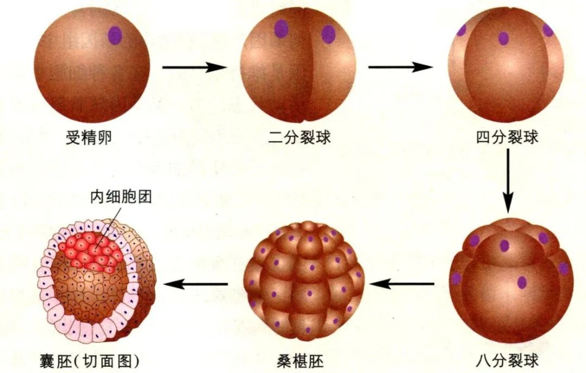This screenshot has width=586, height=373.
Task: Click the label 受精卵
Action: (89, 138)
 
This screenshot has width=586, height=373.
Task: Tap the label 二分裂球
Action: (300, 137)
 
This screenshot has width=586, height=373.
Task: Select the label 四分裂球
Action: (507, 137)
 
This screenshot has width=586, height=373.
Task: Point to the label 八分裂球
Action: (507, 361)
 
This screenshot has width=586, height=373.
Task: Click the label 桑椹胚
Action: (300, 362)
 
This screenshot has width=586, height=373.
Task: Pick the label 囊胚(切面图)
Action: (90, 362)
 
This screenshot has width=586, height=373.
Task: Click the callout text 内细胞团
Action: (121, 197)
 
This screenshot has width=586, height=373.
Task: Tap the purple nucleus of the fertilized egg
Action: (115, 35)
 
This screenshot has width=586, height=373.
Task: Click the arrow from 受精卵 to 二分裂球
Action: (194, 67)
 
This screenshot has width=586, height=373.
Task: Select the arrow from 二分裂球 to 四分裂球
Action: (400, 67)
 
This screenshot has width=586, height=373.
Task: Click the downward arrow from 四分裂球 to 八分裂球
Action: (507, 181)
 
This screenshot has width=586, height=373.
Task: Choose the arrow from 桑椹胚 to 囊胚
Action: (196, 284)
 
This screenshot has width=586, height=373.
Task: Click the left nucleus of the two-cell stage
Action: (282, 29)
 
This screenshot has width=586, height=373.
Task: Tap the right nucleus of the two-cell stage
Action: (328, 34)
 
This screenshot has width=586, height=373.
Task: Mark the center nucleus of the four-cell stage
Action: (504, 39)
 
